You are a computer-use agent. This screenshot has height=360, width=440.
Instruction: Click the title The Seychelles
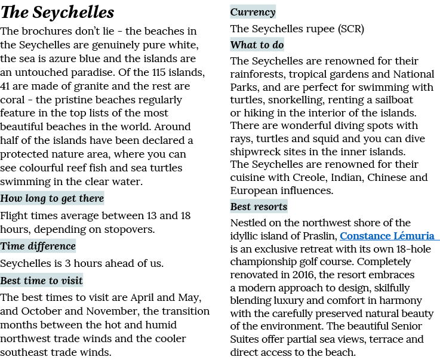tap(57, 13)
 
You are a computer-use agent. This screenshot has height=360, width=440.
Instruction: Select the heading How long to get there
tap(52, 198)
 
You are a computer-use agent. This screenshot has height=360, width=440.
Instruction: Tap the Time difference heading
tap(38, 246)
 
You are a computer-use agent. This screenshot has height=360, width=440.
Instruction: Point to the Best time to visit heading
tap(42, 281)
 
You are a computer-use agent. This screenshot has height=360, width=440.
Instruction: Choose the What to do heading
tap(257, 45)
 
